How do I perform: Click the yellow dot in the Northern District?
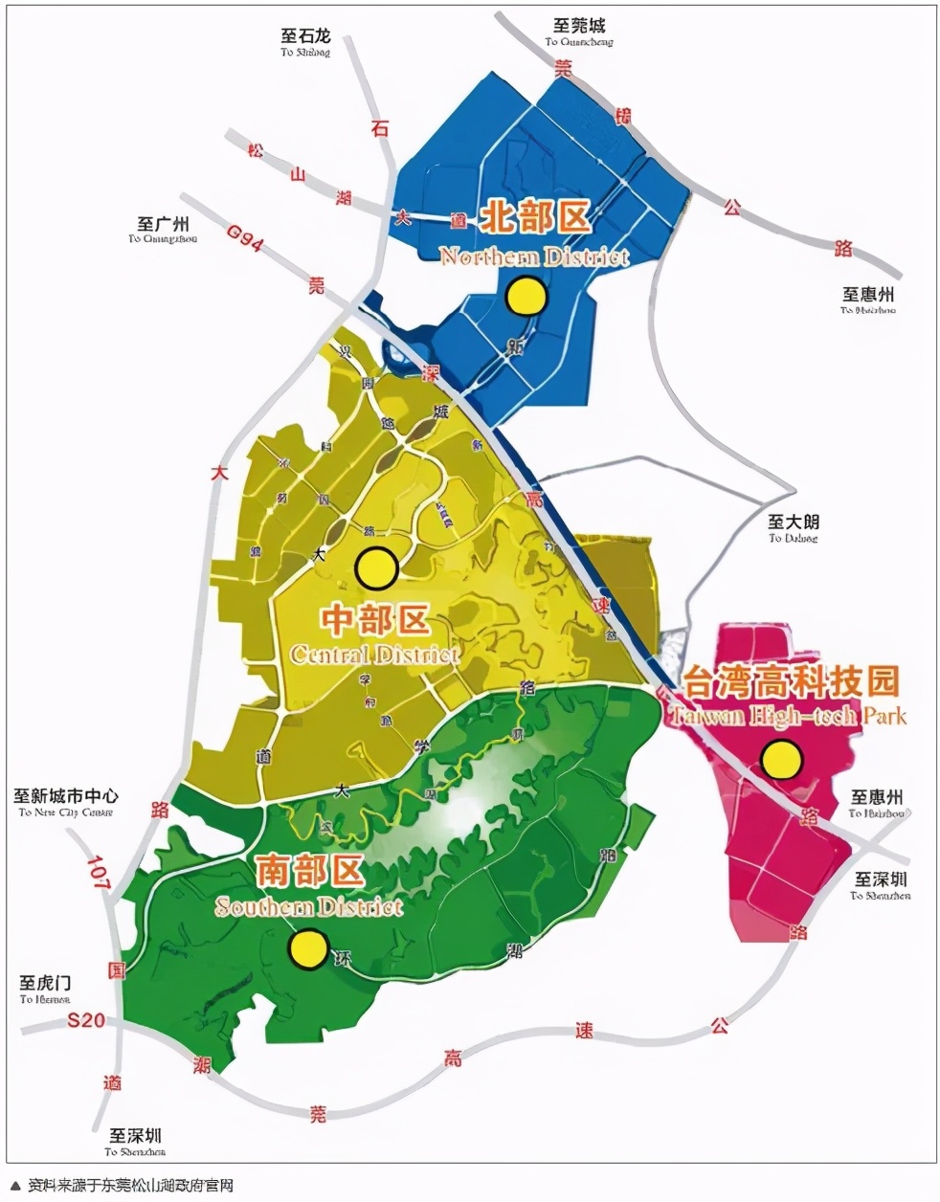(x=526, y=297)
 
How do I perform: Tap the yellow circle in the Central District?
(x=376, y=568)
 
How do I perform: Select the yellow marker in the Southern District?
(x=308, y=950)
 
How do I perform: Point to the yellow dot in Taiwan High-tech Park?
(x=781, y=760)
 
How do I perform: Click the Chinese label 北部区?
(x=534, y=216)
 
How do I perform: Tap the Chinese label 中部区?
(x=374, y=621)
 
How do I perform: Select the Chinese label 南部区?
(x=310, y=872)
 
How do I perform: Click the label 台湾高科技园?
(x=791, y=681)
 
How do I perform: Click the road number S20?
(x=86, y=1021)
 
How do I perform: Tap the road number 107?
(x=99, y=874)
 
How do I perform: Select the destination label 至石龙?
(x=305, y=35)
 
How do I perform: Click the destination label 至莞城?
(x=579, y=25)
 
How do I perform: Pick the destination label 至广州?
(x=163, y=224)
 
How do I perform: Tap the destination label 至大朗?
(x=794, y=522)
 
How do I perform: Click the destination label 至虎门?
(x=45, y=983)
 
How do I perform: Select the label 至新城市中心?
(x=66, y=795)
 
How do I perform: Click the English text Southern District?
(x=309, y=905)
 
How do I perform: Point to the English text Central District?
(x=374, y=655)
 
